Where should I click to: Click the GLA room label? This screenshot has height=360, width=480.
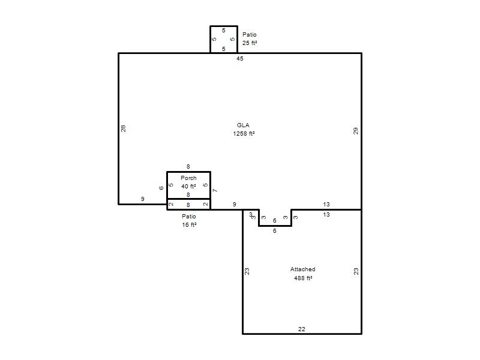243,125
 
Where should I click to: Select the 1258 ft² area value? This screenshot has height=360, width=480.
244,133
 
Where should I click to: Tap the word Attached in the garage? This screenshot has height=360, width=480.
303,269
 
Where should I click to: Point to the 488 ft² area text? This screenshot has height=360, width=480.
303,278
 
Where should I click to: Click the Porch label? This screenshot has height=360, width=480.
188,178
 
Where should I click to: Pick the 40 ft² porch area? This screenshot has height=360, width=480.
188,186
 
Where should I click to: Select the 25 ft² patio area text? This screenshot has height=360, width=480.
250,43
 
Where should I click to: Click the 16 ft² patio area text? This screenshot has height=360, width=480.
189,224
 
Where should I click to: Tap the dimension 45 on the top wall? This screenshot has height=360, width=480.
239,58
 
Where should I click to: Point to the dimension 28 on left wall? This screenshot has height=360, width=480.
123,128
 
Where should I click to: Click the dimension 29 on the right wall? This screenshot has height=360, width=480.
355,131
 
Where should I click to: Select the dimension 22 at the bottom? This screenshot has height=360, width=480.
302,329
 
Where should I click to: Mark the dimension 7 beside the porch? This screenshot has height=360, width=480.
215,190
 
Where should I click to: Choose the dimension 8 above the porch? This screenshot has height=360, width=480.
188,167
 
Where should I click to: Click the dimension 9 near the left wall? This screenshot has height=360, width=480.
142,199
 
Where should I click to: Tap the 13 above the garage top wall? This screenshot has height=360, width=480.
326,204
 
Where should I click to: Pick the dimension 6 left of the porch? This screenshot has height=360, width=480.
161,188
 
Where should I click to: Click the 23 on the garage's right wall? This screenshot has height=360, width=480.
356,271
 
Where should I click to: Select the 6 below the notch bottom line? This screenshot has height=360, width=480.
275,230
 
